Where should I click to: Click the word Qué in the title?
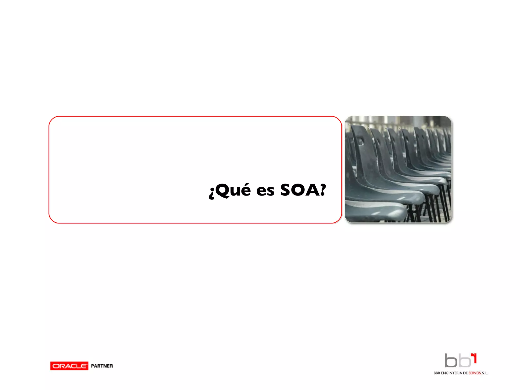click(x=233, y=190)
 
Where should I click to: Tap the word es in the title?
click(x=265, y=191)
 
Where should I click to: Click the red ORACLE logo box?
click(x=69, y=366)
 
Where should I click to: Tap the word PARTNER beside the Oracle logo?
click(x=102, y=366)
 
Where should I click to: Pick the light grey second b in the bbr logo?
click(x=464, y=361)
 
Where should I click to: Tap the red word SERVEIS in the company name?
click(x=475, y=373)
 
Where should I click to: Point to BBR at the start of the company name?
click(x=437, y=373)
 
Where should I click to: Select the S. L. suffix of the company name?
click(x=485, y=373)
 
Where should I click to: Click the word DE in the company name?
click(x=465, y=373)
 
